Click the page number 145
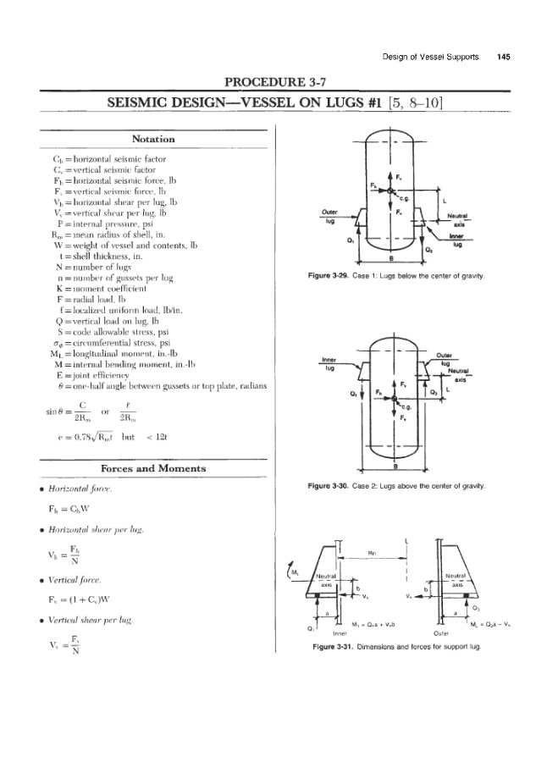(504, 57)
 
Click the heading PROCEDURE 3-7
(268, 82)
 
